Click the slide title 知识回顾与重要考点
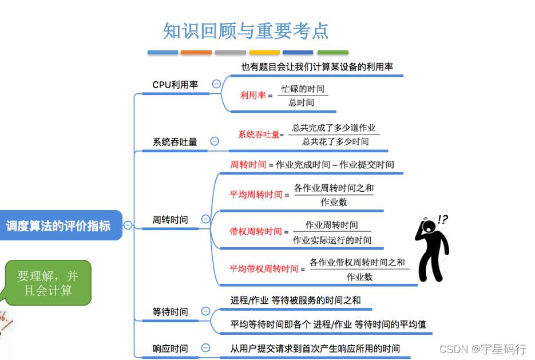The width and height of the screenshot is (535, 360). (x=246, y=30)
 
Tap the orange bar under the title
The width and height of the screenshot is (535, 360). (x=196, y=53)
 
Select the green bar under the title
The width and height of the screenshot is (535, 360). (x=332, y=53)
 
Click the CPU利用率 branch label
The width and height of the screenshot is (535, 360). (x=175, y=85)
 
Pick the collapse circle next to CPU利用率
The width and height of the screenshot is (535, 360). (x=216, y=84)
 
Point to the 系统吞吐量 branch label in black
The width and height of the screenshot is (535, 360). (x=175, y=142)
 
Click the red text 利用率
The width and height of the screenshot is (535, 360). (x=253, y=96)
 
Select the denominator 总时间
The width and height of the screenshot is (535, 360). (x=301, y=103)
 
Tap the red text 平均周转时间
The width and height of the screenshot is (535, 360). (x=256, y=195)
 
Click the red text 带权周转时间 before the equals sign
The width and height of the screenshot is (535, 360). (x=255, y=231)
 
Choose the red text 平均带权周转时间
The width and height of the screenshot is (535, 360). (x=264, y=268)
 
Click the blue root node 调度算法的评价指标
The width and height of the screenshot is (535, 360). (x=58, y=226)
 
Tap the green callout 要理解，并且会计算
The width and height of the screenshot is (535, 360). (x=47, y=283)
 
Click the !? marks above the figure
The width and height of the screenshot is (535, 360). (x=442, y=219)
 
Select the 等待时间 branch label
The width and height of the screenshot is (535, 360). (x=170, y=312)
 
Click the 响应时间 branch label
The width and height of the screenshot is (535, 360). (x=170, y=349)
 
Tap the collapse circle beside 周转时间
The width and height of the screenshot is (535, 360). (x=206, y=219)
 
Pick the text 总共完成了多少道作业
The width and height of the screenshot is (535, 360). (x=334, y=128)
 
